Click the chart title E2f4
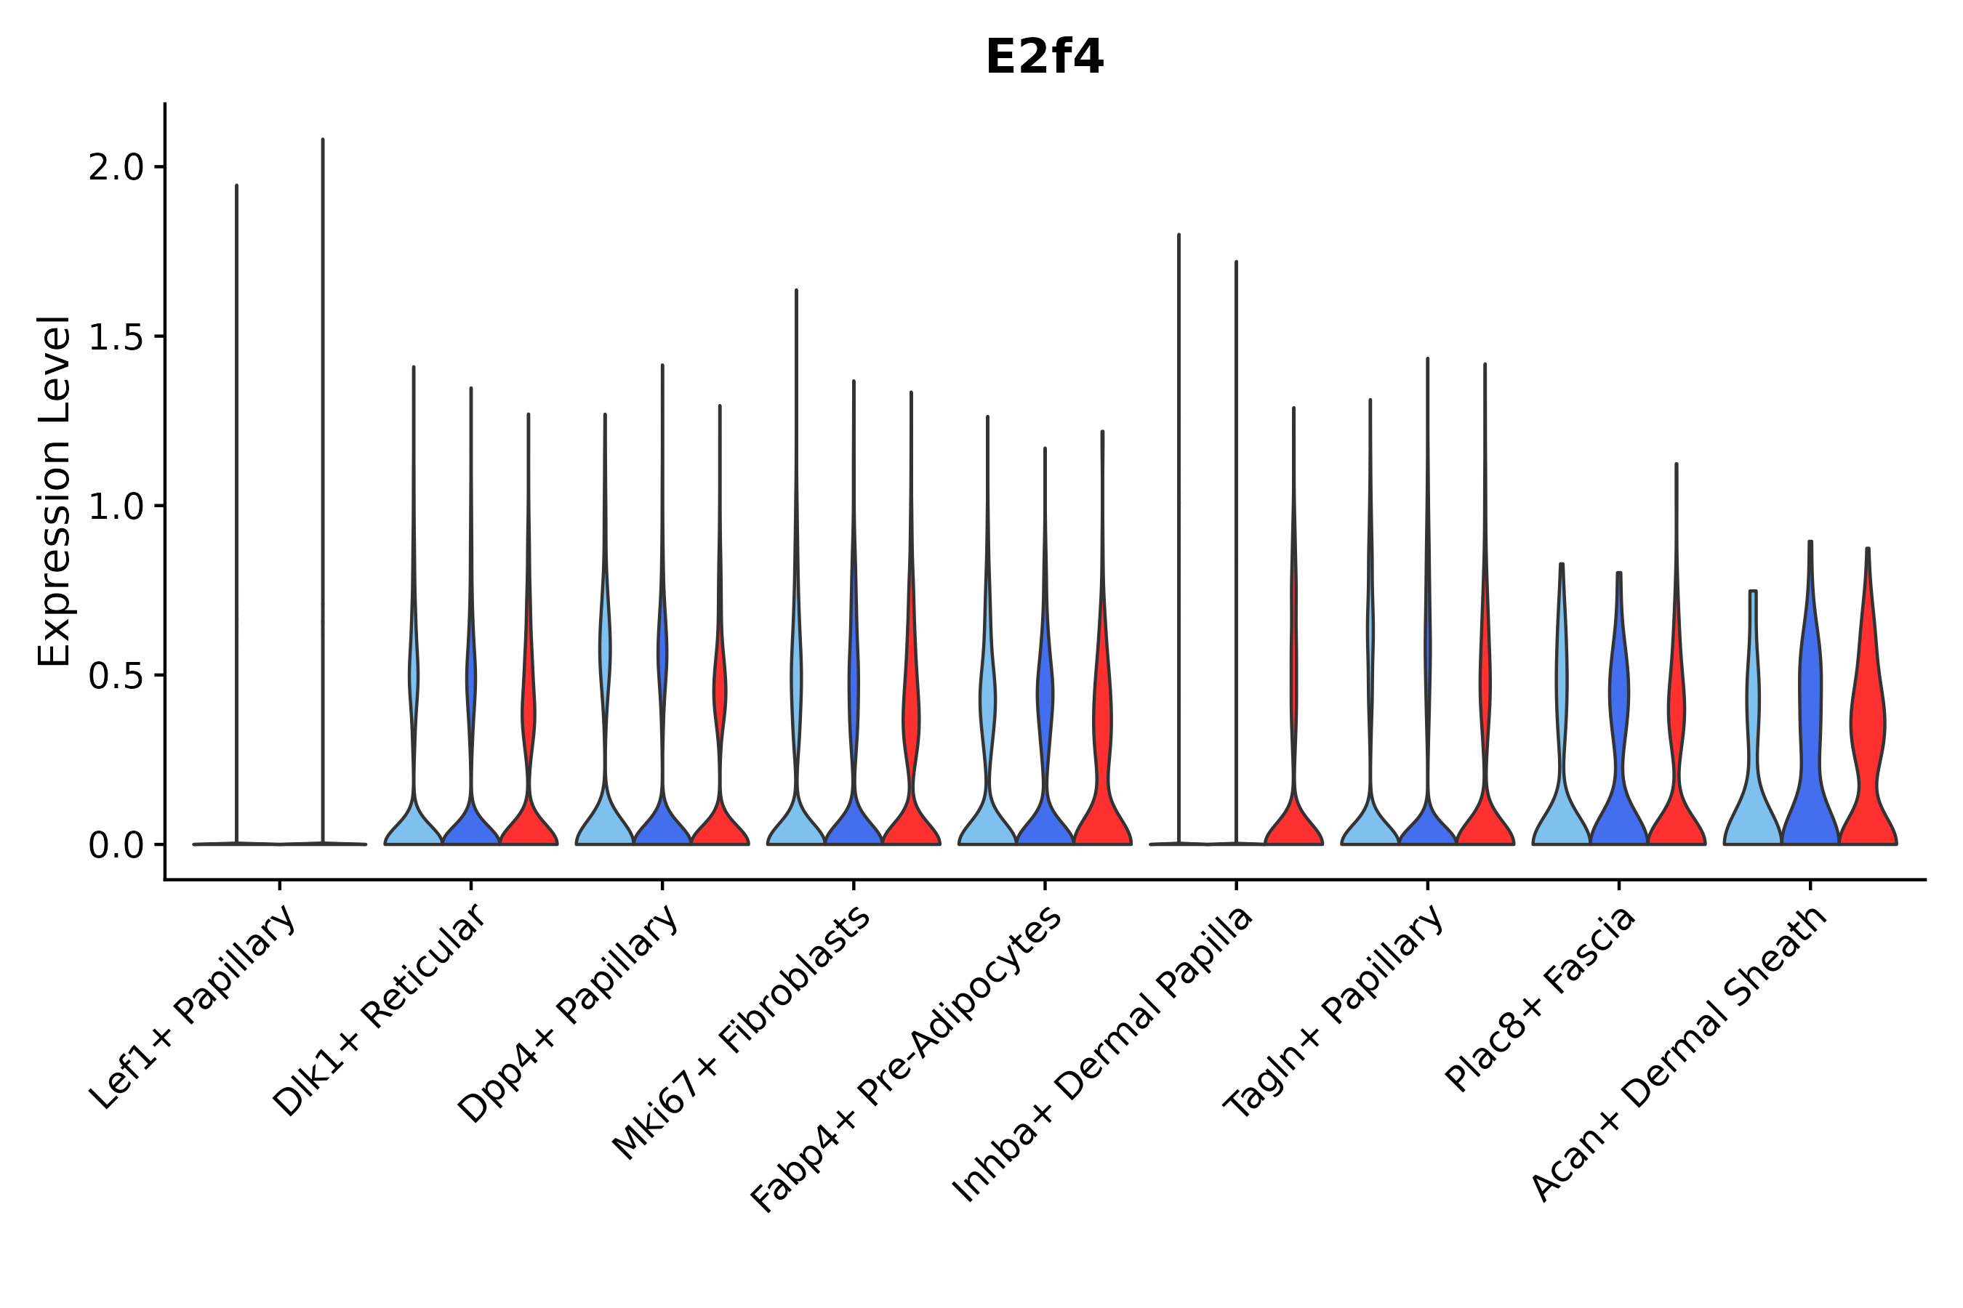(x=1044, y=57)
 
